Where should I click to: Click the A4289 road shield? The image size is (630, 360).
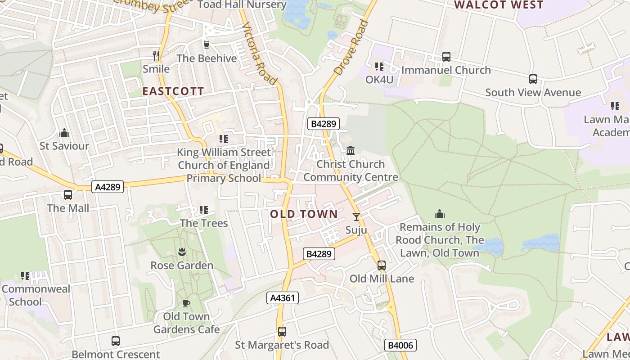point(108,187)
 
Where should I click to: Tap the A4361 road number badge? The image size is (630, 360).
point(283,298)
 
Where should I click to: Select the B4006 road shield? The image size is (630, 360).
point(400,345)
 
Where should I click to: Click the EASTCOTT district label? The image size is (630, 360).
point(173,91)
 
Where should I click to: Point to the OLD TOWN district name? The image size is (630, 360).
point(304,214)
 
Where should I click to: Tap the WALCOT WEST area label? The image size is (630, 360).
point(499,5)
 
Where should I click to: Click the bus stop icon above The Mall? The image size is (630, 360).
point(68,195)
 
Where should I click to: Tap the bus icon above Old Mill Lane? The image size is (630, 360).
point(382,265)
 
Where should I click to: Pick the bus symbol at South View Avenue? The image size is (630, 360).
point(533,79)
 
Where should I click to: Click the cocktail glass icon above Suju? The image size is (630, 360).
point(356,217)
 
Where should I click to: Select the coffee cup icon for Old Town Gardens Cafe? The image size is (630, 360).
point(186,303)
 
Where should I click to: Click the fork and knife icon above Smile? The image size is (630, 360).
point(156,56)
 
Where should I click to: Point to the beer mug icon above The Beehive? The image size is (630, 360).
point(207,45)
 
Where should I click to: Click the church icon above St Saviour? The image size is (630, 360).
point(64,133)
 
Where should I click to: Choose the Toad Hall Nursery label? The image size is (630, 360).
point(242,5)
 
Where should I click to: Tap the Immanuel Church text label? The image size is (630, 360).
point(445,70)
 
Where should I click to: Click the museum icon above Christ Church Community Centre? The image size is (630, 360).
point(351,150)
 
